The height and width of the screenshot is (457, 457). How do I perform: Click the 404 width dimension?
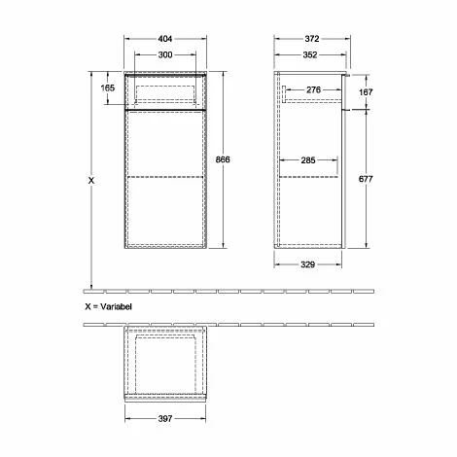pyautogui.click(x=164, y=40)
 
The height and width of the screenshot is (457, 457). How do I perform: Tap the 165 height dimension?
pyautogui.click(x=107, y=88)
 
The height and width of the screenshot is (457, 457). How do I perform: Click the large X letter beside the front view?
pyautogui.click(x=92, y=180)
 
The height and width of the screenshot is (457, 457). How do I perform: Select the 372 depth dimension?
pyautogui.click(x=311, y=40)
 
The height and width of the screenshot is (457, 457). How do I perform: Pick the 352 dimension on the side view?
pyautogui.click(x=311, y=54)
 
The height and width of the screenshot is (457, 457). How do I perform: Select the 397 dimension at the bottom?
pyautogui.click(x=164, y=419)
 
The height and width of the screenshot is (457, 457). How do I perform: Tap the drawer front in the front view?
pyautogui.click(x=164, y=92)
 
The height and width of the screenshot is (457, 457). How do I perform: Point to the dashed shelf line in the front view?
pyautogui.click(x=164, y=178)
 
